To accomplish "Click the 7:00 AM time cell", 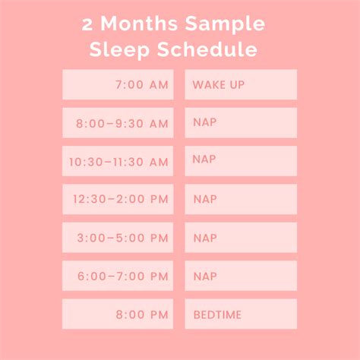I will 118,84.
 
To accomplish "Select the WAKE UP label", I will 240,84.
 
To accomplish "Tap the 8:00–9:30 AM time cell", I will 118,123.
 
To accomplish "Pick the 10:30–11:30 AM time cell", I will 118,161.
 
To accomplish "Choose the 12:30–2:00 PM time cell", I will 118,200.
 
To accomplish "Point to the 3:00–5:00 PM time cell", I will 118,238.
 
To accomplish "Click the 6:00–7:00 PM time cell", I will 118,276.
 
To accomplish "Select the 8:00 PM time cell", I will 118,314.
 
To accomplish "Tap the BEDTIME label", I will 240,314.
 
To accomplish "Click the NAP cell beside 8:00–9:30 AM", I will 240,123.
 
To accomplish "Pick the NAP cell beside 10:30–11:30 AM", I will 240,161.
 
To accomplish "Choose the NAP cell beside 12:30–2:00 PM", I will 240,200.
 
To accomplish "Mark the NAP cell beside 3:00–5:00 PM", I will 240,238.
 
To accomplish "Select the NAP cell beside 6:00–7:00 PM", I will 240,276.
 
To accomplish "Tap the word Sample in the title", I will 229,25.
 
